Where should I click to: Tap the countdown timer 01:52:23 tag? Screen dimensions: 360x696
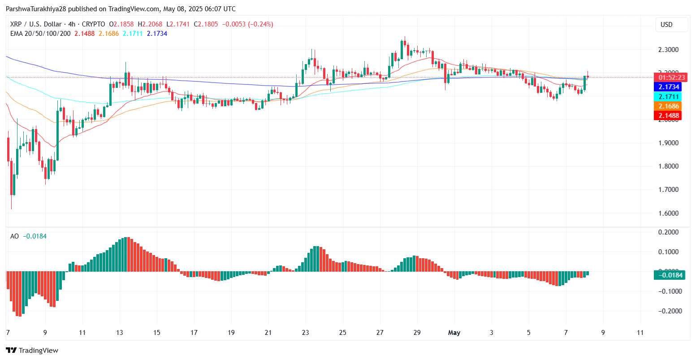tap(669, 77)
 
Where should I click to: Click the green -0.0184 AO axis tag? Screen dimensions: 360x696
tap(669, 275)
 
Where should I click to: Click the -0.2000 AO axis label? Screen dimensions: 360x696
tap(668, 311)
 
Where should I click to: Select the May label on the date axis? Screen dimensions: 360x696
tap(454, 333)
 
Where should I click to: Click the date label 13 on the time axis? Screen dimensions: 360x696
tap(119, 333)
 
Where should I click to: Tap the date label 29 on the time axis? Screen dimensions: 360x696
tap(417, 333)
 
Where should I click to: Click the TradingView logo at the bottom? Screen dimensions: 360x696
tap(32, 350)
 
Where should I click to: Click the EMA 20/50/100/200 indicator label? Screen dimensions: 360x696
tap(40, 34)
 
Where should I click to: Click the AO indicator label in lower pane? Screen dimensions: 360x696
tap(15, 236)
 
